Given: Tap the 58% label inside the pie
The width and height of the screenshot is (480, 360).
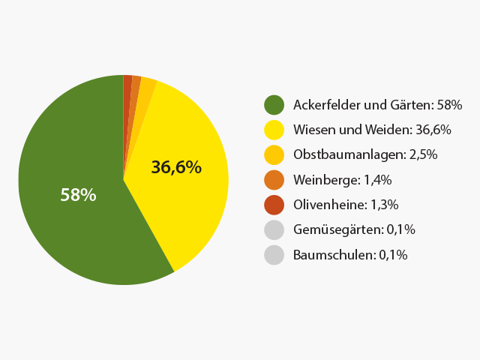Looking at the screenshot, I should click(78, 195).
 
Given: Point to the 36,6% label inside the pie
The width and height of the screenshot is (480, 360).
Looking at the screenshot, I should click(176, 167).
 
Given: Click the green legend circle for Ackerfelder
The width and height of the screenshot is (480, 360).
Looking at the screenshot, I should click(274, 104).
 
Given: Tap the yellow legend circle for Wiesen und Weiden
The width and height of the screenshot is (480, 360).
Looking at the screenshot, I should click(274, 130).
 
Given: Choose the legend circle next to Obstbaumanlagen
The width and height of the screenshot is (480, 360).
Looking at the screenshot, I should click(274, 154).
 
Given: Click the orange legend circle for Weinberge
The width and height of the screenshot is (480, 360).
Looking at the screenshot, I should click(274, 179).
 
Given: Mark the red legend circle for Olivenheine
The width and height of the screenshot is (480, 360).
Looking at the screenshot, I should click(274, 205).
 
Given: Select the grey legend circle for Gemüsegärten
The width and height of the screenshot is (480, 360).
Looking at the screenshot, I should click(274, 229).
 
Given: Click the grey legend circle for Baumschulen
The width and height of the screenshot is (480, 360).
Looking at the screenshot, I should click(274, 254).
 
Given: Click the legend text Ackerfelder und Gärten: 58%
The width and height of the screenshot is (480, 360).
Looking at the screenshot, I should click(378, 104).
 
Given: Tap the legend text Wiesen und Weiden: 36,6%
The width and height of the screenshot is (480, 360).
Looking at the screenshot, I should click(373, 130).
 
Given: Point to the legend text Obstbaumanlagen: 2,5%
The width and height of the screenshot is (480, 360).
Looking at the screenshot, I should click(365, 154).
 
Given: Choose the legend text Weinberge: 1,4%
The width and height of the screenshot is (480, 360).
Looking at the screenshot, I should click(343, 179).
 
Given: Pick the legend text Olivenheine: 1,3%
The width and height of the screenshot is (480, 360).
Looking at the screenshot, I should click(346, 205).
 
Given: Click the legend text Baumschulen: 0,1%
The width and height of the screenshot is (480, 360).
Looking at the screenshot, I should click(350, 254).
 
